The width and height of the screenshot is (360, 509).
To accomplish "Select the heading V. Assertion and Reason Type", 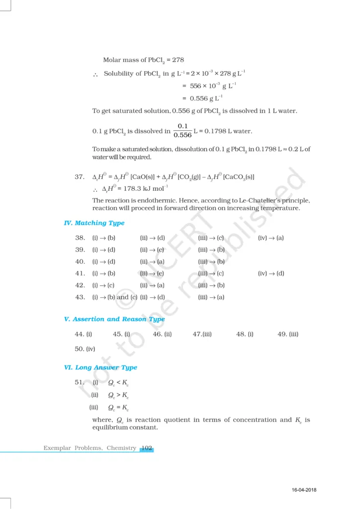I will click(x=114, y=319).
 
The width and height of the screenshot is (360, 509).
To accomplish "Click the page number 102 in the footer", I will click(x=147, y=448).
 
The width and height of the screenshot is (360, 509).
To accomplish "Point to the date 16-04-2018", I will click(x=304, y=491).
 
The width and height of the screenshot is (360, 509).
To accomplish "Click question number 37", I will click(x=79, y=177).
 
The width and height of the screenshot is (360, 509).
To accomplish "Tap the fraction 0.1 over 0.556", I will click(x=182, y=131).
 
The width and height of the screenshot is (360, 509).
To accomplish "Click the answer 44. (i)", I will click(x=83, y=335).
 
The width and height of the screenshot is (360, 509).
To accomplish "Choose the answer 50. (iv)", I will click(x=85, y=349).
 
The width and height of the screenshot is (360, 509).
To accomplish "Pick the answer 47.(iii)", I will click(x=202, y=335).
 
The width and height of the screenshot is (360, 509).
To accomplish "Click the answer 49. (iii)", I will click(x=288, y=335).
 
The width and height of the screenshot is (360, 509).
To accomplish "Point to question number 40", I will click(x=80, y=262).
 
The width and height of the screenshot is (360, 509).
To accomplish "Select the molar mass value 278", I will click(x=178, y=60).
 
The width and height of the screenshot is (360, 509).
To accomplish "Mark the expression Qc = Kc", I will click(x=118, y=408).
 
